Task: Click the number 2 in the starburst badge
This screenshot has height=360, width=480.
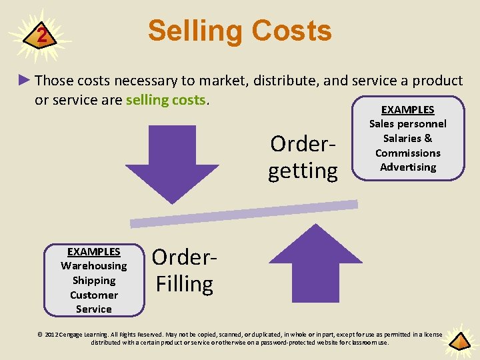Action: coord(42,35)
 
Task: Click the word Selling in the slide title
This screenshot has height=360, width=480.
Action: coord(193,31)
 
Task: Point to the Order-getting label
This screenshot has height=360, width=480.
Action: coord(303,157)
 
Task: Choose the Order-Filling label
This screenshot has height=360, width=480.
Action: coord(183,271)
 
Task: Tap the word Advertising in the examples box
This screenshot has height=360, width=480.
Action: coord(407,167)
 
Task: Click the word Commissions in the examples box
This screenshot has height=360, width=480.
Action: coord(407,153)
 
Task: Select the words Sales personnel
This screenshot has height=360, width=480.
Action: coord(407,123)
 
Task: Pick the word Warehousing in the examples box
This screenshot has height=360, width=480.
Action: coord(94,266)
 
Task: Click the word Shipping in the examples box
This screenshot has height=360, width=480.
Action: coord(94,281)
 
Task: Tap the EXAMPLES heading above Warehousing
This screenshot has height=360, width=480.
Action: coord(94,252)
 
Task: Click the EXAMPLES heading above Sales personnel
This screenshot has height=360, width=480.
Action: coord(407,109)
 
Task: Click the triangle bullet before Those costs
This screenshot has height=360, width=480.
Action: coord(25,81)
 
